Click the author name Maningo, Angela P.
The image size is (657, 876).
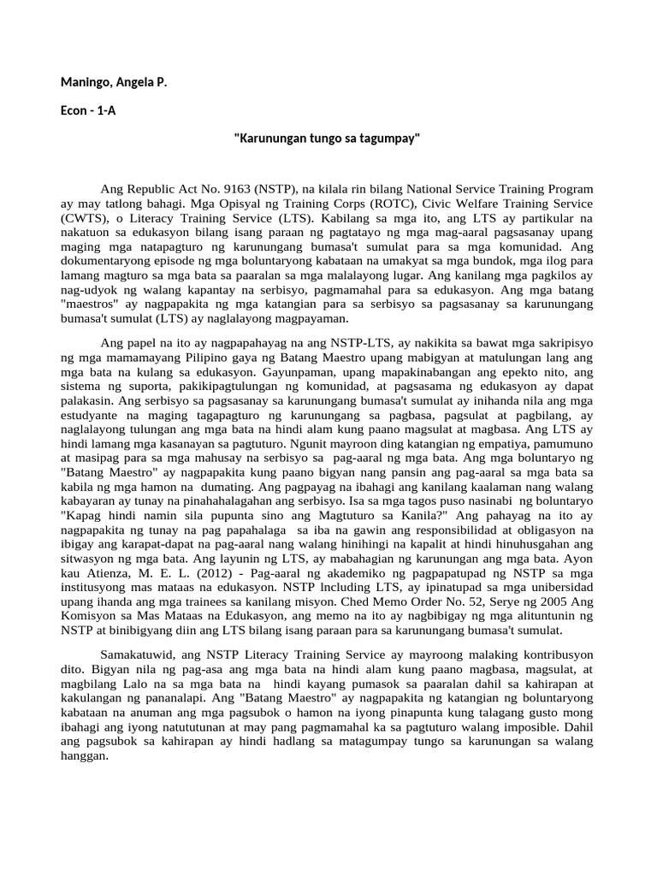point(114,83)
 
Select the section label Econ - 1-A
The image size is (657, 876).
point(88,110)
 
